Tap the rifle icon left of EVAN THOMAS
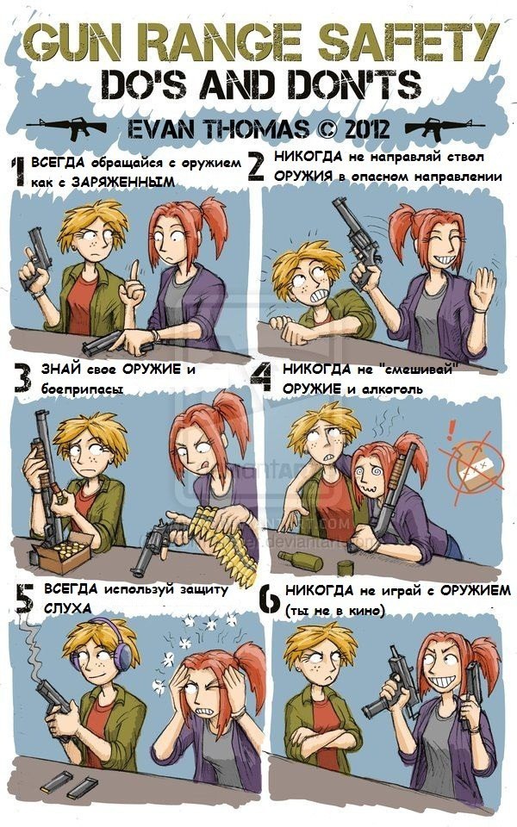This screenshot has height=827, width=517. (x=66, y=129)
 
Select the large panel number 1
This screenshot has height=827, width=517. (x=16, y=171)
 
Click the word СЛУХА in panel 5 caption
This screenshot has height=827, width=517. (x=63, y=608)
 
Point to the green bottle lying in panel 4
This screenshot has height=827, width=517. (x=301, y=562)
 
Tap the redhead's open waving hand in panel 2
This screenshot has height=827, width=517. (x=482, y=289)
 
